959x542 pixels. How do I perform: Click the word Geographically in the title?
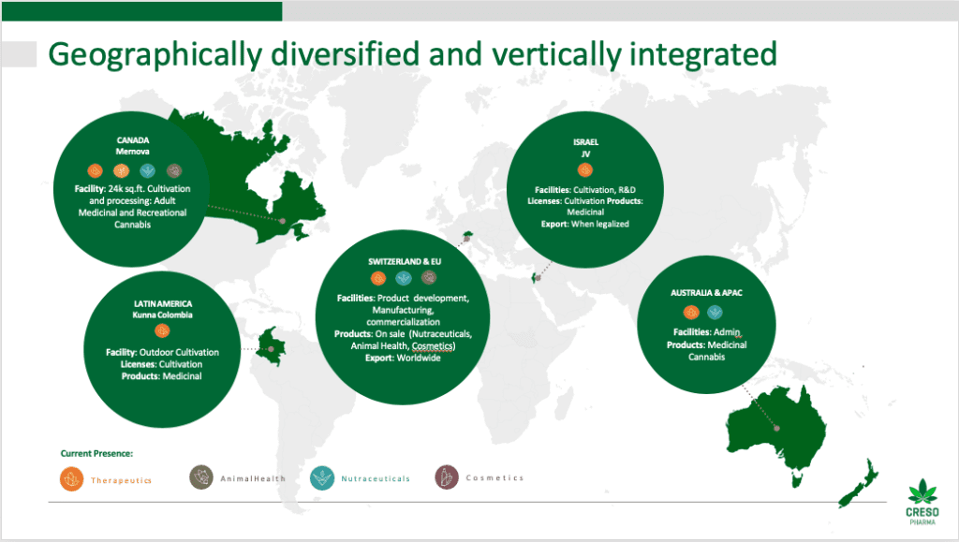[155, 55]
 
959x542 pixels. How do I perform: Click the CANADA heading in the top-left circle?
[133, 140]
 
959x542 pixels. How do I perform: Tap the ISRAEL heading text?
[585, 141]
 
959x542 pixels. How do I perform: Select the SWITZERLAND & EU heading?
[405, 261]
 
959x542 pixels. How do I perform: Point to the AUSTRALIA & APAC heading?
[706, 293]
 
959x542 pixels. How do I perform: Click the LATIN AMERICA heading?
[163, 303]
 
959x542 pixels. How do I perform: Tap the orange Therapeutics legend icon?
[71, 479]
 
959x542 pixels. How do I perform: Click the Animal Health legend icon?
[201, 477]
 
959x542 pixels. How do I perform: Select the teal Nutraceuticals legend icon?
[322, 477]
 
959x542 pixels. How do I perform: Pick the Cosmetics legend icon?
[447, 477]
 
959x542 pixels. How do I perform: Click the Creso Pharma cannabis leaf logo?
[922, 491]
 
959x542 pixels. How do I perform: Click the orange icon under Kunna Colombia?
[162, 331]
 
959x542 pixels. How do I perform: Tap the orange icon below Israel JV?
[585, 169]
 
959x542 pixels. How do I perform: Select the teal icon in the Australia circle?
[715, 313]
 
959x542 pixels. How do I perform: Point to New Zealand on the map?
[858, 483]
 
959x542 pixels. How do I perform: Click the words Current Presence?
[96, 453]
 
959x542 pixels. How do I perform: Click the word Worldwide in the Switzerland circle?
[419, 359]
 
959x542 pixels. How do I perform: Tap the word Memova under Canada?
[133, 152]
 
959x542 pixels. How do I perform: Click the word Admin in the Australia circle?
[727, 332]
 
